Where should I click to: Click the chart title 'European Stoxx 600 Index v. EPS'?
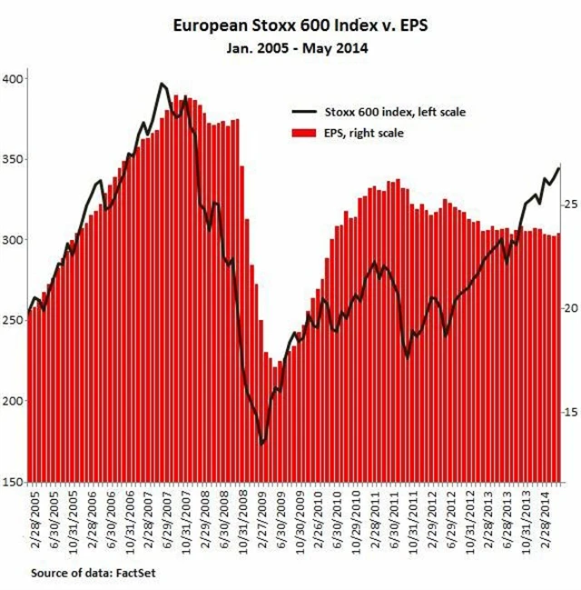(x=292, y=26)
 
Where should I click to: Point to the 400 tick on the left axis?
(x=13, y=79)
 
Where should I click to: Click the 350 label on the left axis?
(x=13, y=159)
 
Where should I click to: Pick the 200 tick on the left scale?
(x=13, y=402)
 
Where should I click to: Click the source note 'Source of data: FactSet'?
(x=87, y=574)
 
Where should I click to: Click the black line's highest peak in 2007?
(x=162, y=84)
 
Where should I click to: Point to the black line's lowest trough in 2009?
(x=262, y=444)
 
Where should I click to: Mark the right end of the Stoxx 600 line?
(x=559, y=167)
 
